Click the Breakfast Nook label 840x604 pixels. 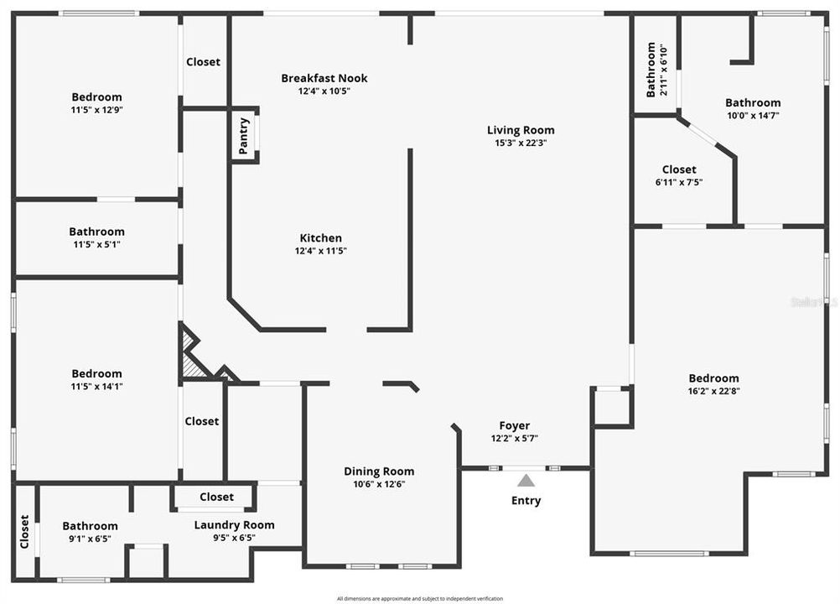tap(324, 78)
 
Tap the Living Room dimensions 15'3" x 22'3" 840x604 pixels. tap(521, 143)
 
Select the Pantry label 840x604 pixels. tap(244, 136)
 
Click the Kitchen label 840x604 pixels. tap(321, 238)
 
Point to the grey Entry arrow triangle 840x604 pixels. tap(526, 481)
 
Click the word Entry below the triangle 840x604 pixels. tap(526, 501)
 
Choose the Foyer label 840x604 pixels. tap(514, 425)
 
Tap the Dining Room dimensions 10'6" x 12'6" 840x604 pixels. tap(379, 484)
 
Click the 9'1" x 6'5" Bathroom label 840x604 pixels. tap(90, 526)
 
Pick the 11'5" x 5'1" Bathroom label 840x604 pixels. tap(96, 232)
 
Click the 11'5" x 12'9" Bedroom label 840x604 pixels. tap(96, 97)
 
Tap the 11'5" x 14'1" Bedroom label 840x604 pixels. tap(96, 374)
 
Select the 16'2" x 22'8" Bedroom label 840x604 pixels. tap(713, 378)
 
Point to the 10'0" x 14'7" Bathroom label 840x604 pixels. tap(752, 103)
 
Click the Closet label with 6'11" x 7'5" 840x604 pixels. tap(679, 169)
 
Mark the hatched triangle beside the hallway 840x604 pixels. tap(194, 365)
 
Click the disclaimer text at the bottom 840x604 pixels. tap(419, 598)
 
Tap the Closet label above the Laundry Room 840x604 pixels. tap(216, 497)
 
